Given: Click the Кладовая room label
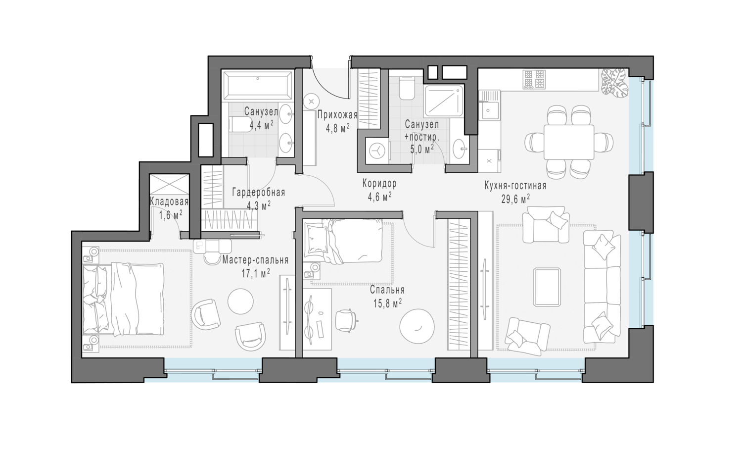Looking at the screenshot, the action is (x=169, y=202).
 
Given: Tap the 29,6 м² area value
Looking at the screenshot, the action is (x=515, y=200).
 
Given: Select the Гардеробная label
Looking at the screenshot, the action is (x=259, y=193).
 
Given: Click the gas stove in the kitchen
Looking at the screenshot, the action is (x=534, y=80).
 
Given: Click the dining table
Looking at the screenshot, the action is (x=569, y=142).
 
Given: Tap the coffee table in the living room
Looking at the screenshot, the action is (x=547, y=287).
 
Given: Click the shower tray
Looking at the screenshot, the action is (x=444, y=101).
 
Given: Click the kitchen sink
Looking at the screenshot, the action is (x=490, y=110).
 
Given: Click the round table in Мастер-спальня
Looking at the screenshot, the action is (x=240, y=302).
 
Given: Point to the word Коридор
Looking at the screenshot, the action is (x=379, y=183).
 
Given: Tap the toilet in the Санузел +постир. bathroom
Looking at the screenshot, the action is (x=407, y=88).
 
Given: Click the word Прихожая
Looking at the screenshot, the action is (x=337, y=115).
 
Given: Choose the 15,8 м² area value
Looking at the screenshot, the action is (x=387, y=304).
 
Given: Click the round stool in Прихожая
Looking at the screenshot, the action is (x=312, y=101).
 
